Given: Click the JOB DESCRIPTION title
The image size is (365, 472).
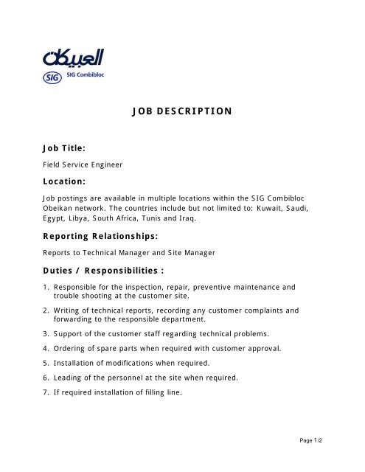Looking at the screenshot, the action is pos(181,111).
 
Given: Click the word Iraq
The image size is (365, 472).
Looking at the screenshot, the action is pos(190,219).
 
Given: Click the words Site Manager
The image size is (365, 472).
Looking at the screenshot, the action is pos(194,252).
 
